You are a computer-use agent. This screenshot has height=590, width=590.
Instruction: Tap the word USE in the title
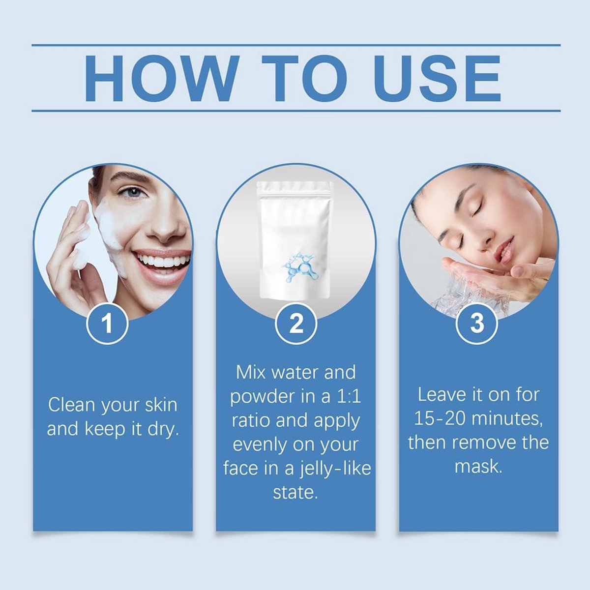coord(437,78)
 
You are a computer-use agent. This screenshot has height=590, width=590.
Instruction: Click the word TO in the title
coord(305,78)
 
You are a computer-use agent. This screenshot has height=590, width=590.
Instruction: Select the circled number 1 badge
coord(107,324)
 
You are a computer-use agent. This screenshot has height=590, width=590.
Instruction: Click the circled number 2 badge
coord(296,324)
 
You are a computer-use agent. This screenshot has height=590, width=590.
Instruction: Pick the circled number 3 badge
coord(477,324)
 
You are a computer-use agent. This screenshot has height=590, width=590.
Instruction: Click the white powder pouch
coord(295,240)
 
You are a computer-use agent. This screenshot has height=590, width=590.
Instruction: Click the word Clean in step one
coord(72,405)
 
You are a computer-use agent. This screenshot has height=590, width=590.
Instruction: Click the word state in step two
coord(295,493)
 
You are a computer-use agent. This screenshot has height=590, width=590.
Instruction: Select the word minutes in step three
coord(507,419)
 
